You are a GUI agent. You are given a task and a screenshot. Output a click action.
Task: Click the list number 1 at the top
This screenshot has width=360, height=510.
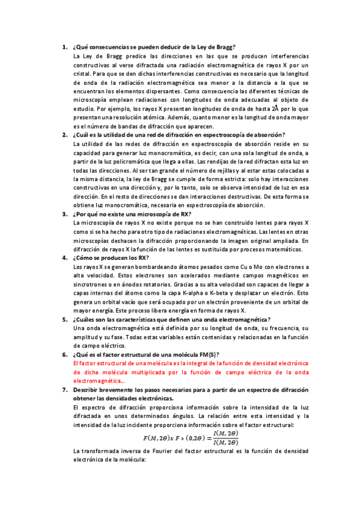pyautogui.click(x=64, y=46)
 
